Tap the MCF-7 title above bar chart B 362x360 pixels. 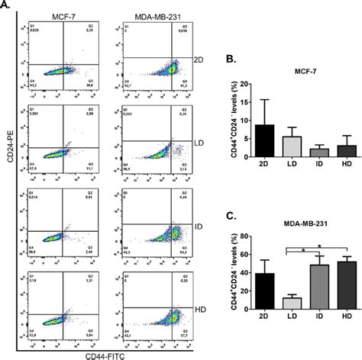point(305,72)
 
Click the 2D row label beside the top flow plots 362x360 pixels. point(199,59)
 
